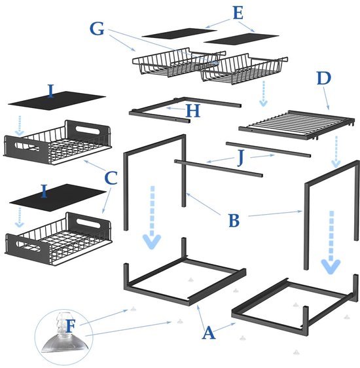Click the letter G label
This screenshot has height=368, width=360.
click(x=97, y=29)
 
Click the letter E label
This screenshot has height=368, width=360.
click(x=238, y=13)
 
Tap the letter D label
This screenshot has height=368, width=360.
click(x=323, y=79)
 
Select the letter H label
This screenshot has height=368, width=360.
click(x=193, y=111)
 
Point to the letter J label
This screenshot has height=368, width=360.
click(x=241, y=158)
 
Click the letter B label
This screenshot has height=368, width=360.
click(x=234, y=221)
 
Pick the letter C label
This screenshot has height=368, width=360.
click(x=111, y=178)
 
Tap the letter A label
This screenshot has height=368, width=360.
click(x=209, y=333)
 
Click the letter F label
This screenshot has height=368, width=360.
click(x=70, y=326)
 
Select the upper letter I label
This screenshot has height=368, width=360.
click(x=51, y=91)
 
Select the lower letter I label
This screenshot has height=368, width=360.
click(x=44, y=191)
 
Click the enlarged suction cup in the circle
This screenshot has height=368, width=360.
click(x=65, y=333)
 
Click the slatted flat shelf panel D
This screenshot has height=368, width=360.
click(x=297, y=124)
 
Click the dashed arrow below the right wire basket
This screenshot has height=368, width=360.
click(x=264, y=94)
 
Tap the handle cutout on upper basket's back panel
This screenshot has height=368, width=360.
click(x=87, y=130)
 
